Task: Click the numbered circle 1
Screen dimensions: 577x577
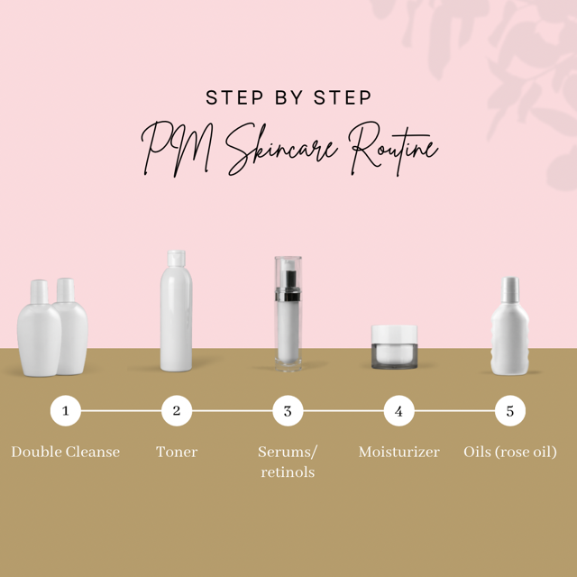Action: click(66, 411)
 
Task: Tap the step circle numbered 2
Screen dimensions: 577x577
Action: click(177, 411)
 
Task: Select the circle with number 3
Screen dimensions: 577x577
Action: click(288, 411)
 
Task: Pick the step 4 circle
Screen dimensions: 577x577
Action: click(398, 411)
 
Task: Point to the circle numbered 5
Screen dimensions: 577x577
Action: click(510, 411)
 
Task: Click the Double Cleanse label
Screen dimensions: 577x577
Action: click(66, 452)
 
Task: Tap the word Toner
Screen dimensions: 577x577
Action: click(177, 452)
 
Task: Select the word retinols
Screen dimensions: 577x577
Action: click(288, 472)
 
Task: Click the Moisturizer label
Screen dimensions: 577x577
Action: click(398, 452)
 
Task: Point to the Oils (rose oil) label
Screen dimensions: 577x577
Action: click(510, 453)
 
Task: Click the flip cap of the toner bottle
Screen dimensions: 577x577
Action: click(177, 259)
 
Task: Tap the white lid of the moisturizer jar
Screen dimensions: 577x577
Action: click(394, 334)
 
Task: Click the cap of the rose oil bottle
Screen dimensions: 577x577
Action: click(510, 289)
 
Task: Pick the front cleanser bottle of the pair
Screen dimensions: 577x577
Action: click(40, 328)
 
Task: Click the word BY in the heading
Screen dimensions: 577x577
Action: click(288, 97)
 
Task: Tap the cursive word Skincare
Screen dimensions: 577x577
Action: click(281, 149)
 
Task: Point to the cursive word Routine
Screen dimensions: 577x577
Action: click(393, 148)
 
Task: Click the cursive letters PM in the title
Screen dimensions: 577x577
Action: click(178, 149)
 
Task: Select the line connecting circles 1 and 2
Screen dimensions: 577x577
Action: click(121, 411)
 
